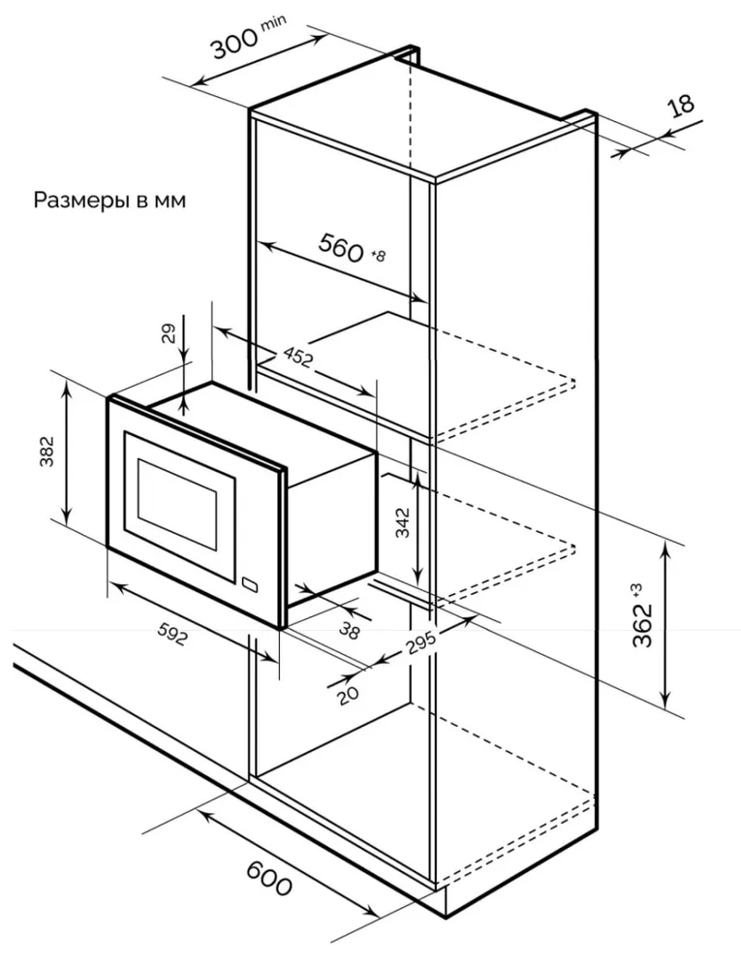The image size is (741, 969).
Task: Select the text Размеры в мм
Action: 109,201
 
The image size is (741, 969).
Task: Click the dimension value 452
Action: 297,358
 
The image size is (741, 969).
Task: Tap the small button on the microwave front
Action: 251,584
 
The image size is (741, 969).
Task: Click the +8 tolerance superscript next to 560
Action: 377,256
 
